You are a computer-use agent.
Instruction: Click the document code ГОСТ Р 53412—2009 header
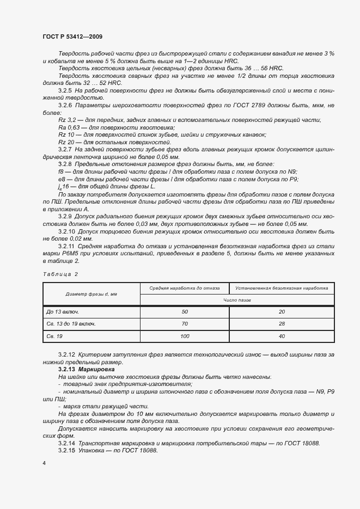click(72, 36)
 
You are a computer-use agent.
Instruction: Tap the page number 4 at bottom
click(44, 463)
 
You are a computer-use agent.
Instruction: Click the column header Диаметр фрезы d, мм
click(91, 294)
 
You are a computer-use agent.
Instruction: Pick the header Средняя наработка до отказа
click(184, 288)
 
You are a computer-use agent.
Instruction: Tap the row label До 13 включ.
click(64, 311)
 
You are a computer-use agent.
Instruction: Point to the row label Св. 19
click(56, 337)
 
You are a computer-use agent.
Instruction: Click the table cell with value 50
click(184, 311)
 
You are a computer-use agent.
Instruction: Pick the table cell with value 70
click(184, 324)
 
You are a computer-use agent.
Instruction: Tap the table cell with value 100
click(184, 337)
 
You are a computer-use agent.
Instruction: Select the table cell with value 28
click(282, 324)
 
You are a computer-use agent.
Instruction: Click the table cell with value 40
click(282, 337)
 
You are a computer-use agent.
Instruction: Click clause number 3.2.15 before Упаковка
click(66, 451)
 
